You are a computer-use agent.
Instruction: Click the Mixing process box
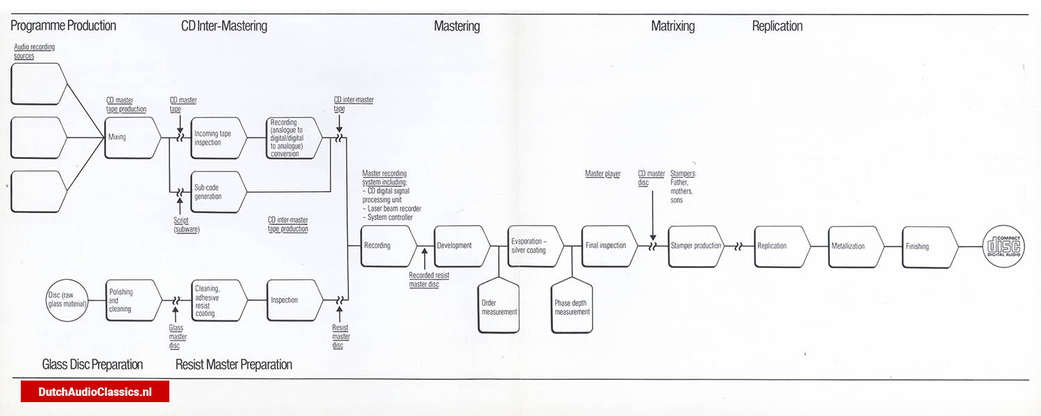coord(133,138)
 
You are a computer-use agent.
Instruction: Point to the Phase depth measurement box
coord(572,307)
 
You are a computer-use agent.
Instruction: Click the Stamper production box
coord(696,246)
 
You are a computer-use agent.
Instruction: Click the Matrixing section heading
coord(672,26)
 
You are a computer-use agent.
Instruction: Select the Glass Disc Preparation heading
coord(92,365)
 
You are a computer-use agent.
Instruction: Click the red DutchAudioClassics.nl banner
coord(95,392)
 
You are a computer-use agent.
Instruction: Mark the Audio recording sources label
coord(34,51)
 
